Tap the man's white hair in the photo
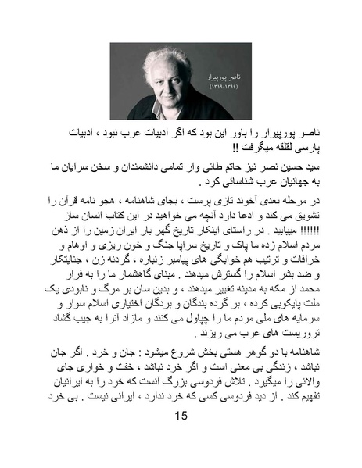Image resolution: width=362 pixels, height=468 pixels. pos(160,56)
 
